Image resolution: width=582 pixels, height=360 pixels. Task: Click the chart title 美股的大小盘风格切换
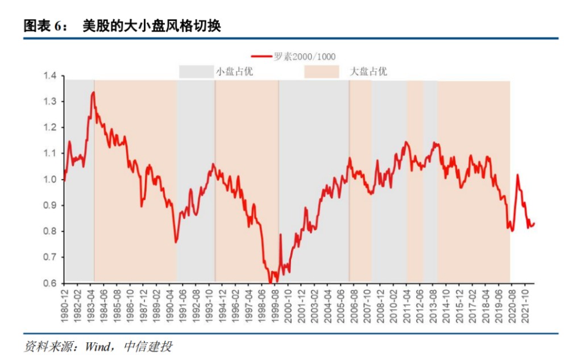[152, 26]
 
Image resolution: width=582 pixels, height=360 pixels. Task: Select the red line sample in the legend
[262, 56]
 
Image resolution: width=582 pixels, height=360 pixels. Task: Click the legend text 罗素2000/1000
[305, 56]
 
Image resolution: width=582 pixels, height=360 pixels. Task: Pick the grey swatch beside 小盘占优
[194, 72]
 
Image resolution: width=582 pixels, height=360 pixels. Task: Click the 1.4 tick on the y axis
[52, 76]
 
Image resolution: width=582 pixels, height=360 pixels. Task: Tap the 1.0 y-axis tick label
[52, 180]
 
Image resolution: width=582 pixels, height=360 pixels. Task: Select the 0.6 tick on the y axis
[52, 283]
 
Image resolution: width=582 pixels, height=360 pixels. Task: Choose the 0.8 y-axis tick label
[52, 231]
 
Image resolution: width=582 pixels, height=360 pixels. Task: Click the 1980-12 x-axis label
[65, 301]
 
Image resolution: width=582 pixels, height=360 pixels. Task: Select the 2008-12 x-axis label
[380, 301]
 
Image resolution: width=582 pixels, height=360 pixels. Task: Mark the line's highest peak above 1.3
[93, 92]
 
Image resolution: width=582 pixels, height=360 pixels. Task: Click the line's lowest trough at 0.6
[271, 282]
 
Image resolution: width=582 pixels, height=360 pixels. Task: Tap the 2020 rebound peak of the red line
[518, 175]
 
